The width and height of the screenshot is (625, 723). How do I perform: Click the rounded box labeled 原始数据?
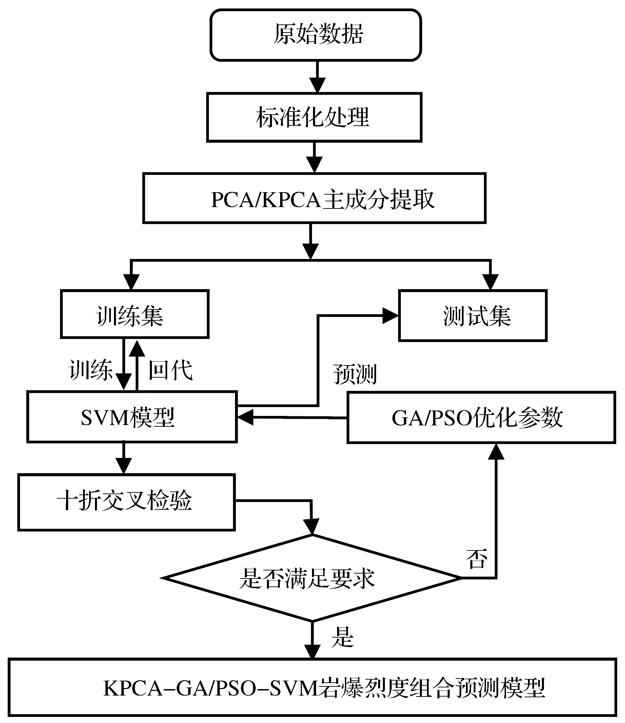(x=316, y=35)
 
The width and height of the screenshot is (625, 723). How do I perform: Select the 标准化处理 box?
(x=314, y=117)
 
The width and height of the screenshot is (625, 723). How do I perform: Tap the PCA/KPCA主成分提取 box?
(x=314, y=198)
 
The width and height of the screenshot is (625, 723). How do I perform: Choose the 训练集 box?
(x=135, y=314)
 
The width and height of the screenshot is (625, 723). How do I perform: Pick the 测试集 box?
(x=473, y=316)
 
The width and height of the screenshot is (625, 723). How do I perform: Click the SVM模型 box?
(x=132, y=417)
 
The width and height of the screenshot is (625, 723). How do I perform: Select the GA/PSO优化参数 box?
(x=481, y=418)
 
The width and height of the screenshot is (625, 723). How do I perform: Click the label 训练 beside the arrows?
(x=91, y=370)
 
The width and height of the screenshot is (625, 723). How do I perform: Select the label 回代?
(x=171, y=370)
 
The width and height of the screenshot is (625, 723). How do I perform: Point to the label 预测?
(x=355, y=374)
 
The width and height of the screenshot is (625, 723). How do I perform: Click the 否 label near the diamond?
(x=476, y=559)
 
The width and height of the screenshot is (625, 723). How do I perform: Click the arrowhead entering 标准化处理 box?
(x=317, y=85)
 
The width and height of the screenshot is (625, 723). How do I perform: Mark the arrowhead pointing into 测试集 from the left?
(x=390, y=316)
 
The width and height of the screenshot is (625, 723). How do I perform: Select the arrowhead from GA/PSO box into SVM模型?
(x=246, y=417)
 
